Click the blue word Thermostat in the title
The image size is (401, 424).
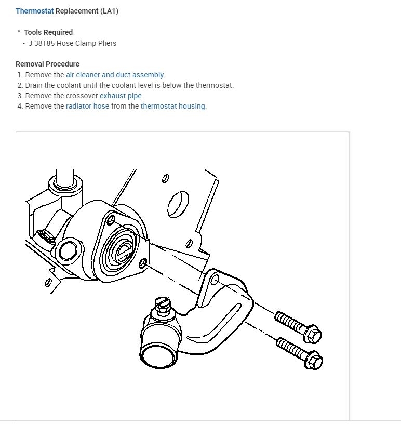click(x=34, y=11)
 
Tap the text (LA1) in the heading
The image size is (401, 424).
click(x=108, y=11)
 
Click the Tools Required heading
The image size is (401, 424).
click(x=48, y=32)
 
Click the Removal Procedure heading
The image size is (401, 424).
click(x=47, y=64)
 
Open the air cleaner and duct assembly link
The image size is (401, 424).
click(x=115, y=75)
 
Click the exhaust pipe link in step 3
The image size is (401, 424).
click(x=121, y=96)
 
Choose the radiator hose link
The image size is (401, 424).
click(x=87, y=106)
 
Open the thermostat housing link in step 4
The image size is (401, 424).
click(x=173, y=106)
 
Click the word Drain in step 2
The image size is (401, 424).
click(x=35, y=85)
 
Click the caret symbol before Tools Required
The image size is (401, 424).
click(x=19, y=32)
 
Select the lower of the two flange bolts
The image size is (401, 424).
click(x=300, y=351)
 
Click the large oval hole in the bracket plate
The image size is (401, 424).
click(x=178, y=204)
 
